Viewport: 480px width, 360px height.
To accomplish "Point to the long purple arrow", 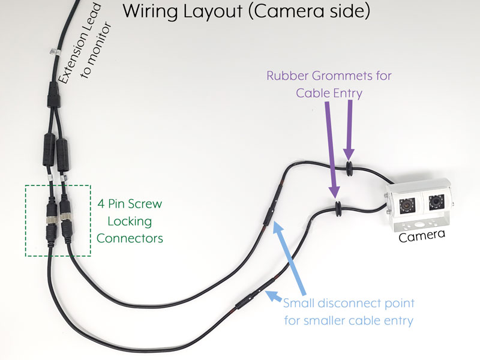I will click(x=331, y=150).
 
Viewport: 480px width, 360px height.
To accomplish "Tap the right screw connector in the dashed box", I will click(x=66, y=219).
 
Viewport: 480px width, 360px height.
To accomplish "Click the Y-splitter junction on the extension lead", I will click(x=53, y=96).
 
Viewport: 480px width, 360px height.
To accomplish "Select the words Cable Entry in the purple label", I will click(x=340, y=93).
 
